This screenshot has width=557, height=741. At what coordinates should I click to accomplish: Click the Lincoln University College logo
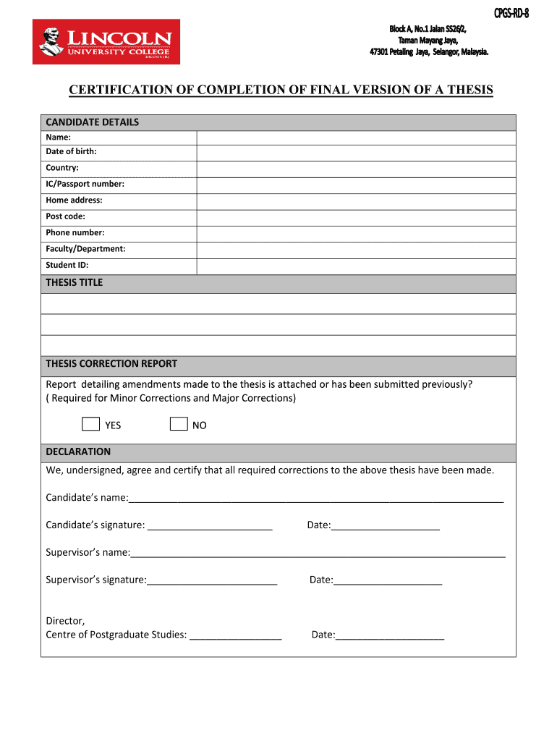click(106, 42)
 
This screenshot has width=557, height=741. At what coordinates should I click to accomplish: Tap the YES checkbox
click(90, 424)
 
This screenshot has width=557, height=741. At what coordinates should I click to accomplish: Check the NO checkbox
click(179, 424)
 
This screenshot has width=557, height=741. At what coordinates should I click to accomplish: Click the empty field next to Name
click(356, 137)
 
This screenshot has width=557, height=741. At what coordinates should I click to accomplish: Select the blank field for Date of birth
click(356, 153)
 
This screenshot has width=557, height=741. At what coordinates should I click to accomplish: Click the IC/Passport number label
click(85, 184)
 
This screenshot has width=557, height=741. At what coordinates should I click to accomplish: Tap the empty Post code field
click(356, 217)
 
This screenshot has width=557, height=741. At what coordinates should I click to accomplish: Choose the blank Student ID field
click(356, 266)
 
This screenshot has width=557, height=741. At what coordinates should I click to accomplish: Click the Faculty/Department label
click(85, 249)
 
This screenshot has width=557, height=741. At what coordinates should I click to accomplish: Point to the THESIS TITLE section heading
click(75, 283)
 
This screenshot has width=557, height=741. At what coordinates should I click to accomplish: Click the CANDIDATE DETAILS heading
click(93, 122)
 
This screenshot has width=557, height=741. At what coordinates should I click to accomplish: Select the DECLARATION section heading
click(79, 452)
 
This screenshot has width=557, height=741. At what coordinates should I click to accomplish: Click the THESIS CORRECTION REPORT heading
click(111, 364)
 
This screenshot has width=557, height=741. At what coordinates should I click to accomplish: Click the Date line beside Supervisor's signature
click(388, 581)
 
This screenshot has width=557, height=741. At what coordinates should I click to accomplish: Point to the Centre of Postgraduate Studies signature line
click(236, 636)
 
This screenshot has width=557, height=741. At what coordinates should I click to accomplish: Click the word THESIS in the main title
click(469, 90)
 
